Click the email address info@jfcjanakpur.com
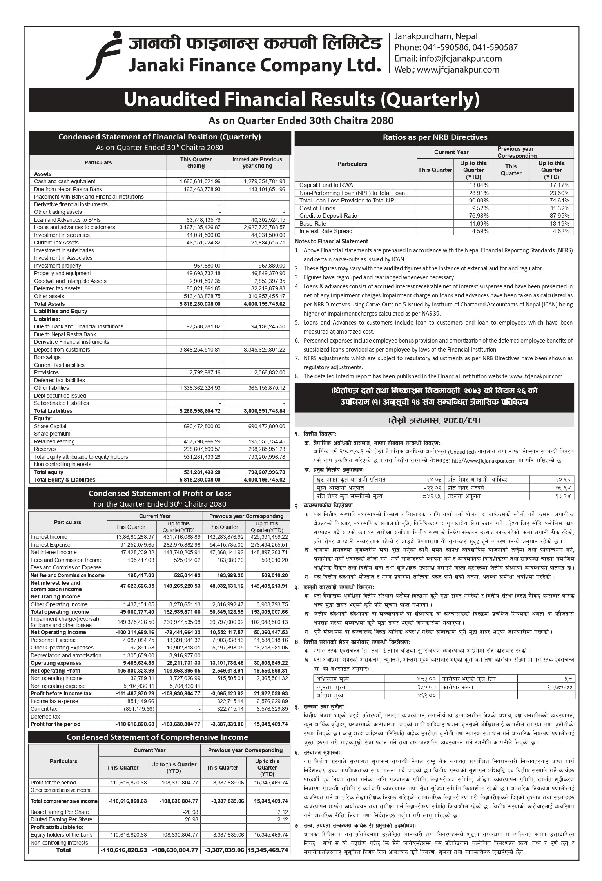(448, 58)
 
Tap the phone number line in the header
(455, 47)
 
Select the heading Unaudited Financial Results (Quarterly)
(301, 100)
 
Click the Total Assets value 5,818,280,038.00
(200, 304)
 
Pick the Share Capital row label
(50, 426)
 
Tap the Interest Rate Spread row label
(326, 231)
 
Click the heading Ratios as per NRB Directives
(435, 137)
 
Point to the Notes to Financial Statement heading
(331, 241)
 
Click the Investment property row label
(57, 266)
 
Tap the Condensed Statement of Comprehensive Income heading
(157, 737)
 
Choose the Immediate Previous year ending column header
(257, 162)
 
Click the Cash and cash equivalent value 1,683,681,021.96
(200, 181)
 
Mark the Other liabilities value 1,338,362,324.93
(200, 388)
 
